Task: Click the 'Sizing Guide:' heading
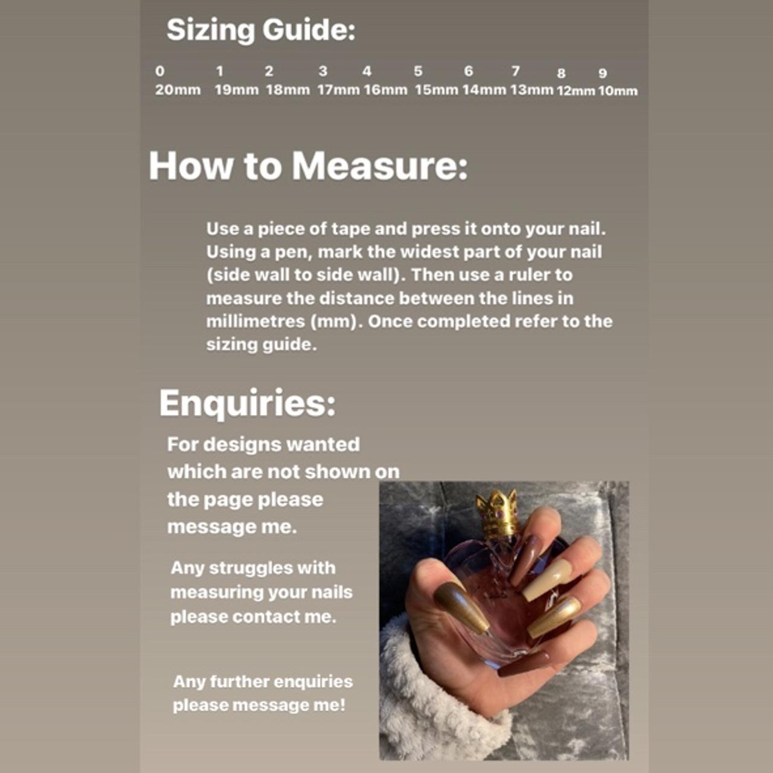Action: point(261,30)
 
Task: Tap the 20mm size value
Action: point(178,90)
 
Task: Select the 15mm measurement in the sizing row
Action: point(436,90)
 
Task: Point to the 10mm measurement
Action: point(618,91)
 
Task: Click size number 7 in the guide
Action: point(516,71)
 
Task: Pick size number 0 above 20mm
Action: point(159,71)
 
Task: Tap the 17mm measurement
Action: point(338,90)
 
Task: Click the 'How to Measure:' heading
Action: point(308,165)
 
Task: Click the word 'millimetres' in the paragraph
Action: point(255,321)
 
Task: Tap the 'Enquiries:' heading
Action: point(247,403)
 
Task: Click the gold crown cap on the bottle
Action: point(497,513)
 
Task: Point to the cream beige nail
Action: point(547,580)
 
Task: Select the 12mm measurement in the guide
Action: point(576,91)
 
